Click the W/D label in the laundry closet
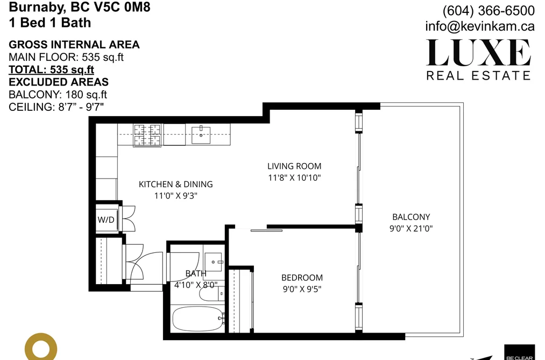106,220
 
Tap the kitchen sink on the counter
201,135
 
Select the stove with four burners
147,136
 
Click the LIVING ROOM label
294,166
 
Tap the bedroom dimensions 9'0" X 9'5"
302,289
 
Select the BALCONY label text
411,217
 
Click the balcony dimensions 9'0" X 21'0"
411,228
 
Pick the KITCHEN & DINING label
175,184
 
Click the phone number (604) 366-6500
489,11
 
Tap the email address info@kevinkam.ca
480,26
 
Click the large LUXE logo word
479,53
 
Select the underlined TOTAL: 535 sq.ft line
52,69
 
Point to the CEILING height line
56,107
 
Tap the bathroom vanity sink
213,262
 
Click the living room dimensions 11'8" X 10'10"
294,178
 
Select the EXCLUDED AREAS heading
59,82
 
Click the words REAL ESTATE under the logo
479,75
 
